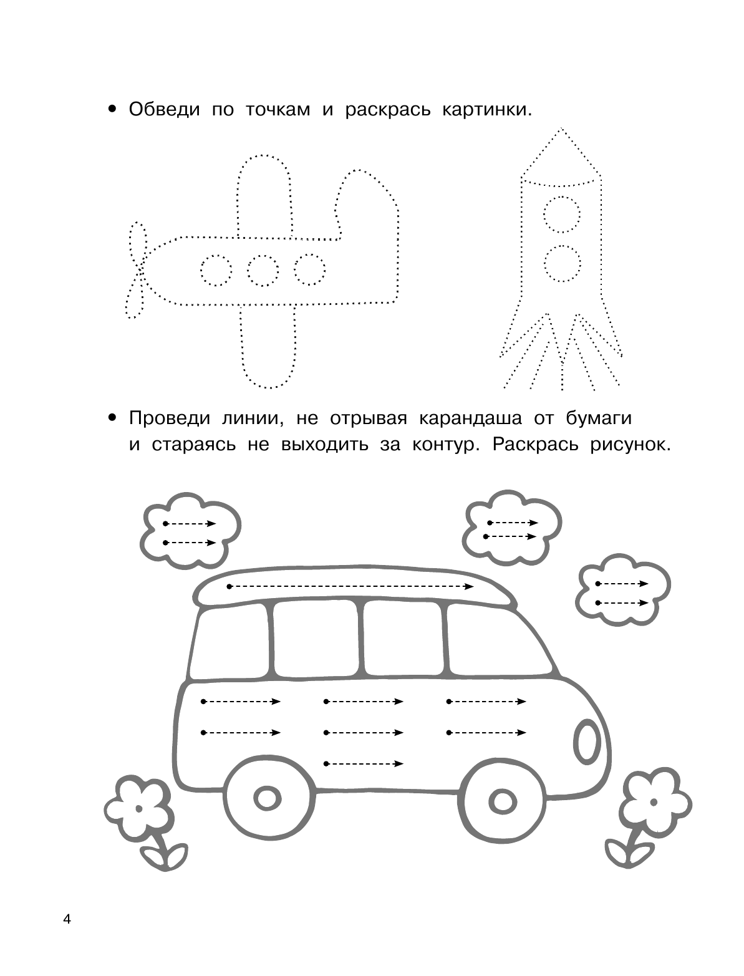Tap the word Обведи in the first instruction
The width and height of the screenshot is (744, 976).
165,110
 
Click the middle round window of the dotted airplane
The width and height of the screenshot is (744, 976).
263,270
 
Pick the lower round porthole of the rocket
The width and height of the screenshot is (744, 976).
562,263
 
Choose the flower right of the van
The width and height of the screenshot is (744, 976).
653,800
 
